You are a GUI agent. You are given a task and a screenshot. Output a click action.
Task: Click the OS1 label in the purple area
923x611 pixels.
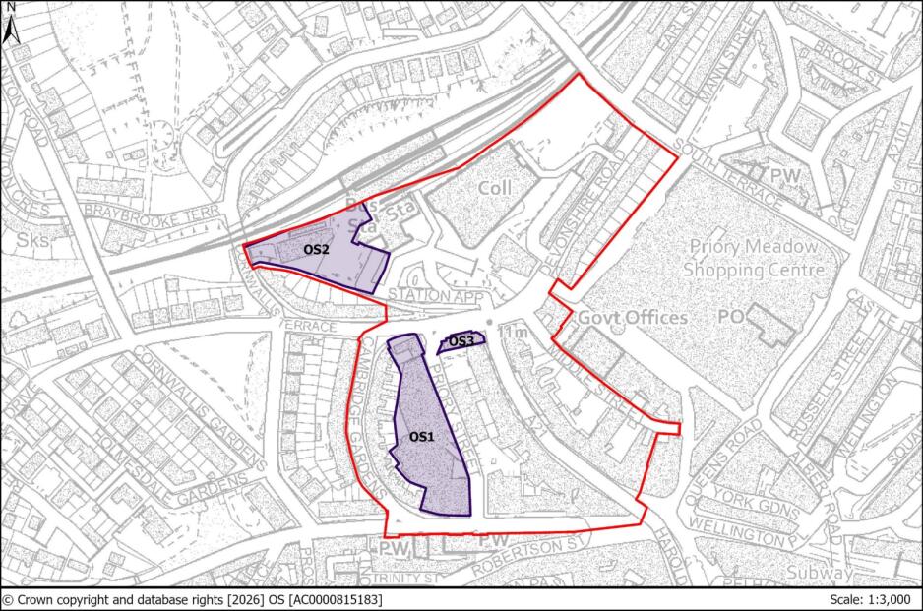pos(420,436)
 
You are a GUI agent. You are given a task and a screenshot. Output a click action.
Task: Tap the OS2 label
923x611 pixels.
pos(316,250)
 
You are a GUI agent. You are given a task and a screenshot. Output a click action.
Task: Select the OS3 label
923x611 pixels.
pos(461,341)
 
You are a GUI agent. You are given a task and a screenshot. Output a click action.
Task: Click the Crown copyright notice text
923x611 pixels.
pos(192,599)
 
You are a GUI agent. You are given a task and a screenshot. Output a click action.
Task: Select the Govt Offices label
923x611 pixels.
pos(632,318)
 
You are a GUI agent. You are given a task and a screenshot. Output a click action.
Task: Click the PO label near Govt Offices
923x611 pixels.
pos(729,317)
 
